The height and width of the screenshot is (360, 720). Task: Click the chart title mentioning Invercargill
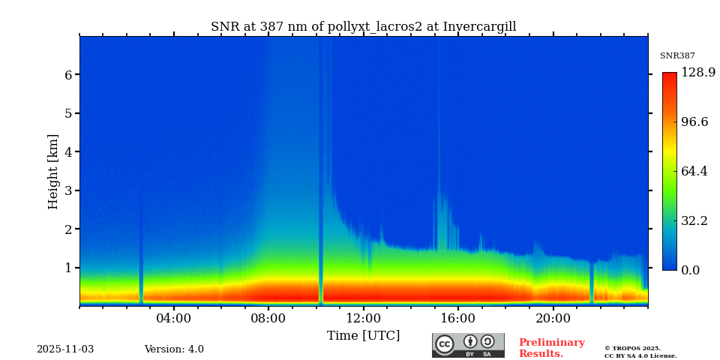(x=363, y=27)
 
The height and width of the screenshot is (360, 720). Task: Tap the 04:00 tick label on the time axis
(x=174, y=318)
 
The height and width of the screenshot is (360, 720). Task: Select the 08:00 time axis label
(x=268, y=318)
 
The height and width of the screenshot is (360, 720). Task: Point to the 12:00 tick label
(x=363, y=318)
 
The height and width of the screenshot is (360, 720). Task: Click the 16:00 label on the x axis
(x=458, y=318)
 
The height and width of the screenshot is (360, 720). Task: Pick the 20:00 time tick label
(x=553, y=318)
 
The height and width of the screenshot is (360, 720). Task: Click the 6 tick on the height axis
(x=68, y=75)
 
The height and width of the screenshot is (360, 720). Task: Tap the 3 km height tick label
(x=68, y=190)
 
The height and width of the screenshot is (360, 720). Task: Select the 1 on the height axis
(x=68, y=268)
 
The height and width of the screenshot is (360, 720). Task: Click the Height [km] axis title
(x=53, y=171)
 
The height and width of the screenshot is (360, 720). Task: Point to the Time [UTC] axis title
(x=363, y=335)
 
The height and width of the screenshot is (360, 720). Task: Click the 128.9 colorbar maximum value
(x=698, y=73)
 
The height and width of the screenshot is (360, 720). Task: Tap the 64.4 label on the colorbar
(x=694, y=171)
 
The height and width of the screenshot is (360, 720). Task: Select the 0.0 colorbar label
(x=691, y=270)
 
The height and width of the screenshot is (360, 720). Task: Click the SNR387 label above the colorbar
(x=677, y=56)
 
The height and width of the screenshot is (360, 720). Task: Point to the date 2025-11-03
(x=65, y=349)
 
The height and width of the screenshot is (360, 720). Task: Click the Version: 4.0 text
(x=174, y=349)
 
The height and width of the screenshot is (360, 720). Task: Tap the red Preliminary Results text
(x=551, y=348)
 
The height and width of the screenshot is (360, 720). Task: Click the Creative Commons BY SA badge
(x=468, y=345)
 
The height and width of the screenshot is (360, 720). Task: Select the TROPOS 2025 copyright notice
(x=640, y=352)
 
